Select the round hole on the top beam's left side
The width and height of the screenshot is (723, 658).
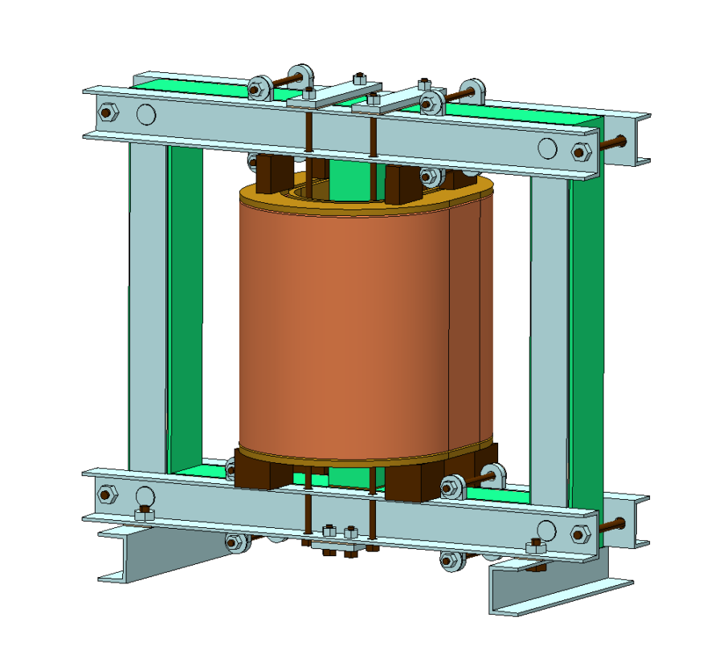pos(145,115)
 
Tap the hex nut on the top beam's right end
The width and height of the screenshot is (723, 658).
pos(580,152)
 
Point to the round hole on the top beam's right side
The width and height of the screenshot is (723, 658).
pos(546,148)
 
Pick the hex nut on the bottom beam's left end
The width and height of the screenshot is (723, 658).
pos(104,492)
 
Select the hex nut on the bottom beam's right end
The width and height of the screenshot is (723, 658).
pos(579,533)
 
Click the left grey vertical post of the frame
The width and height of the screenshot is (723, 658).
pos(147,305)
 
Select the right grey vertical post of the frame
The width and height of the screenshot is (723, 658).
pos(549,337)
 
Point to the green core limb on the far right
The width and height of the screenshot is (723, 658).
pos(586,337)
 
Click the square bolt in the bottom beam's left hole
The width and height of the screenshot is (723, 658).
pos(145,514)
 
